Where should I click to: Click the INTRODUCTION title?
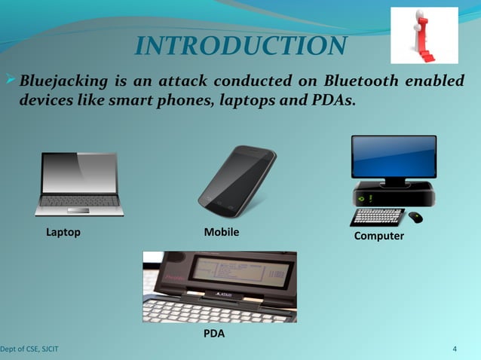click(240, 46)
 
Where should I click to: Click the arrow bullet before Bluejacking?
click(10, 81)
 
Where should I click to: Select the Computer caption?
click(378, 236)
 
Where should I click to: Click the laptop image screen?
click(80, 173)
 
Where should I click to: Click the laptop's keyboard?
click(79, 201)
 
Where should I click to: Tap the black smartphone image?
click(236, 181)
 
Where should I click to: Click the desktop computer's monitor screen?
click(394, 157)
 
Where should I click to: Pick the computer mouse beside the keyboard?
click(415, 218)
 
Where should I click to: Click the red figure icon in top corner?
click(424, 35)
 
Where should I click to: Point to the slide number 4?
click(455, 349)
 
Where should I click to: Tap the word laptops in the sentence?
click(245, 101)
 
